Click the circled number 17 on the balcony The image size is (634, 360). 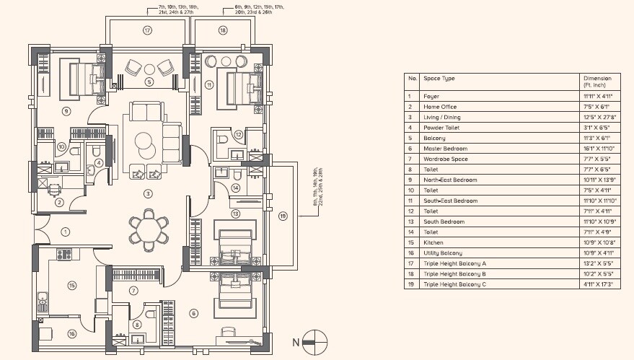pyautogui.click(x=147, y=31)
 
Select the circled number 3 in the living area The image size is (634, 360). pyautogui.click(x=148, y=193)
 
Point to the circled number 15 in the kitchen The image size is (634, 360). pyautogui.click(x=71, y=286)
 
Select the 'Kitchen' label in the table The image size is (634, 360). pyautogui.click(x=433, y=242)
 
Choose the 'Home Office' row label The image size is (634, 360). pyautogui.click(x=441, y=107)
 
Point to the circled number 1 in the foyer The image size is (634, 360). pyautogui.click(x=65, y=232)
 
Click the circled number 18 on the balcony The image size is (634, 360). pyautogui.click(x=222, y=31)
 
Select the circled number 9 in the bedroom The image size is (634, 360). pyautogui.click(x=66, y=111)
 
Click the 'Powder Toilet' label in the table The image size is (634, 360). pyautogui.click(x=441, y=128)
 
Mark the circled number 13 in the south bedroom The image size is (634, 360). pyautogui.click(x=234, y=214)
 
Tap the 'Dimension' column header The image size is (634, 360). pyautogui.click(x=596, y=78)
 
